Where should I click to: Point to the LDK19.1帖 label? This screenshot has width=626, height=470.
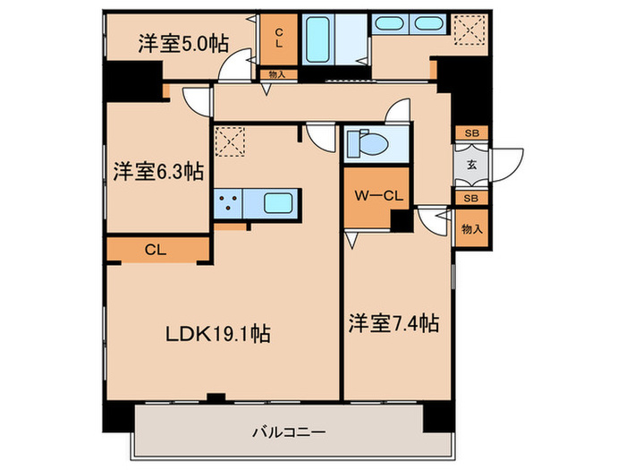(x=216, y=333)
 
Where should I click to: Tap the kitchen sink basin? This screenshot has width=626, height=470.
(x=283, y=203)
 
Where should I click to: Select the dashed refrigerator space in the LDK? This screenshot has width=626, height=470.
(x=229, y=141)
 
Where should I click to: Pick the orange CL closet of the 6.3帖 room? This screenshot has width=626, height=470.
(x=157, y=249)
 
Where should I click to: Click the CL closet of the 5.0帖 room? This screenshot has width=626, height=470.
(x=277, y=38)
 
